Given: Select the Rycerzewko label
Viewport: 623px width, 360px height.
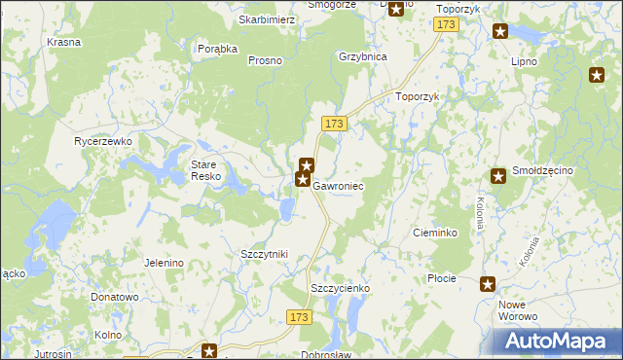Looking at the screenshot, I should pos(103,141).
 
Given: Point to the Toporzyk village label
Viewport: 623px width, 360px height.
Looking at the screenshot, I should pos(420,97).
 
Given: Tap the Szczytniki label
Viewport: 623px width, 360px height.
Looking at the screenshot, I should pos(264,254).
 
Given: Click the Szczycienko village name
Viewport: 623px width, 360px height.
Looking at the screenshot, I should pos(340,288).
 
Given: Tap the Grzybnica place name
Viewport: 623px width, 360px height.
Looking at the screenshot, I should pos(363,56).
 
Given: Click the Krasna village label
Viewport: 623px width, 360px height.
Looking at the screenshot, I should pos(63,43).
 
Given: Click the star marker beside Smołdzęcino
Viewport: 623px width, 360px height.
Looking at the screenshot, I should pos(498,175).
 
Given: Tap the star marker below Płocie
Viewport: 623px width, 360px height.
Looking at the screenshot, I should pos(488,284).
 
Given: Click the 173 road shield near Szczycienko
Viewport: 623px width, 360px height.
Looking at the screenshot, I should pos(300,317).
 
